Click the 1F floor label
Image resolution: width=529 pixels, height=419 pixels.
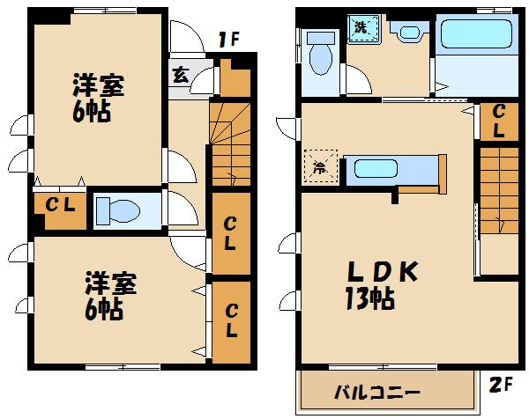pyautogui.click(x=230, y=39)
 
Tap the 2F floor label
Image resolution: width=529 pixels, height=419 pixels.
pyautogui.click(x=501, y=384)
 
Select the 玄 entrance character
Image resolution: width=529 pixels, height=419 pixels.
pyautogui.click(x=180, y=75)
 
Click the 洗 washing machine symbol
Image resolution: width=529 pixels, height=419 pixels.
pyautogui.click(x=361, y=28)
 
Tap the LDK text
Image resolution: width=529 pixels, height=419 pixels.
pyautogui.click(x=380, y=274)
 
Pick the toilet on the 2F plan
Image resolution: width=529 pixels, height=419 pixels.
pyautogui.click(x=320, y=55)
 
